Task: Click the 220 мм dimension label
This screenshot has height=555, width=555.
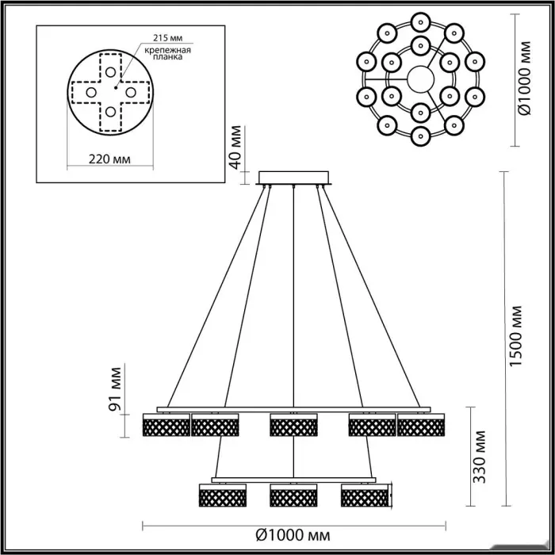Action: click(109, 159)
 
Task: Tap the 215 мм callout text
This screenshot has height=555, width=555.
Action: click(168, 38)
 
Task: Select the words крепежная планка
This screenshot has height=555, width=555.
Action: click(168, 53)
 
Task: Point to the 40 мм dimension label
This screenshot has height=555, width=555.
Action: click(235, 147)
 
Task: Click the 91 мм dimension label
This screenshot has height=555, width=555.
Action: click(115, 388)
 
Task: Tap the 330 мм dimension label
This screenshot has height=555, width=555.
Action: click(479, 457)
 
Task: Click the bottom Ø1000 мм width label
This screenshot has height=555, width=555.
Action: click(293, 535)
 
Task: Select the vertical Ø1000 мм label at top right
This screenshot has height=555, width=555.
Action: click(525, 78)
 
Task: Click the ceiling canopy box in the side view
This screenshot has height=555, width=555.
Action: click(294, 178)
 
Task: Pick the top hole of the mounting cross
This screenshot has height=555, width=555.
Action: click(110, 72)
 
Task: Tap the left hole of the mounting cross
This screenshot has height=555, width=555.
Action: click(91, 93)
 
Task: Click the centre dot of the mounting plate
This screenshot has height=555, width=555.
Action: click(116, 87)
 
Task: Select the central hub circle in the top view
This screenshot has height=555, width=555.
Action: click(420, 79)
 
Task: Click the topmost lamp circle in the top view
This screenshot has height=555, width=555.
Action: click(420, 22)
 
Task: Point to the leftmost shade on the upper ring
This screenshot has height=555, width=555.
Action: click(166, 425)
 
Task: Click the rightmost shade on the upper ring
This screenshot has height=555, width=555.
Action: click(421, 425)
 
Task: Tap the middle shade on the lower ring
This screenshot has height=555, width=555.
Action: click(293, 496)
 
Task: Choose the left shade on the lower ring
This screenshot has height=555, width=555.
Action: click(223, 496)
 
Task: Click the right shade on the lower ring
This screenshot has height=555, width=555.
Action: click(365, 496)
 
